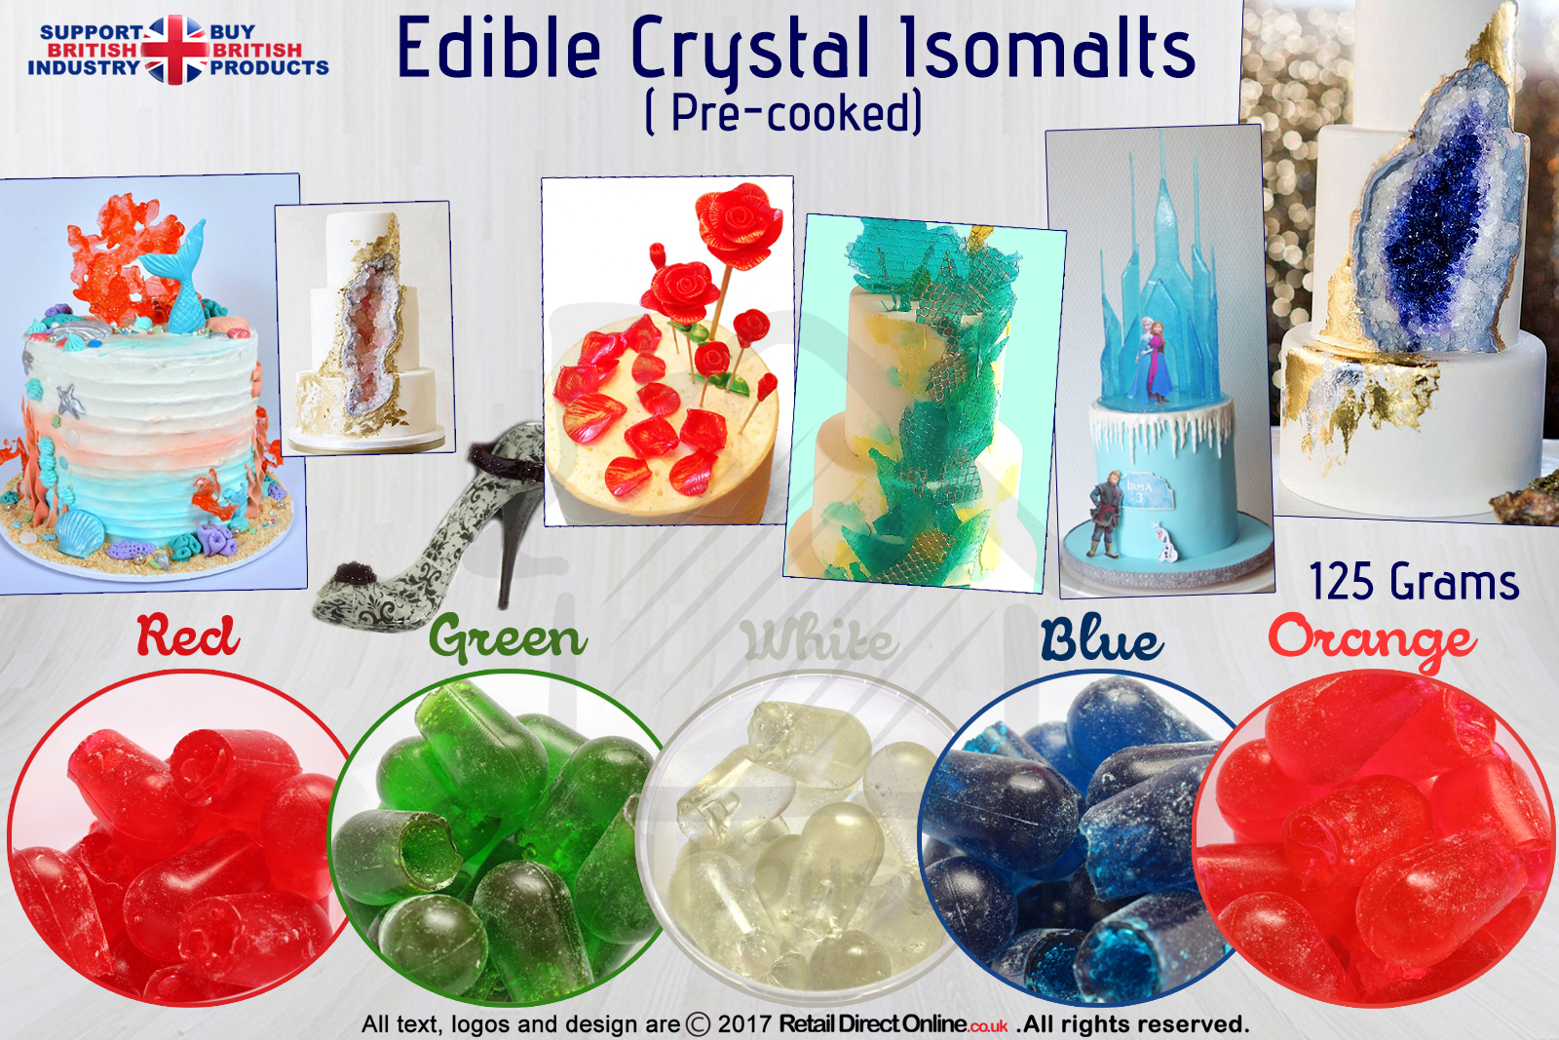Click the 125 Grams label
pyautogui.click(x=1414, y=582)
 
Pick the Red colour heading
pyautogui.click(x=188, y=635)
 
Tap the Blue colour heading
pyautogui.click(x=1102, y=638)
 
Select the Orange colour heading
pyautogui.click(x=1371, y=640)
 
